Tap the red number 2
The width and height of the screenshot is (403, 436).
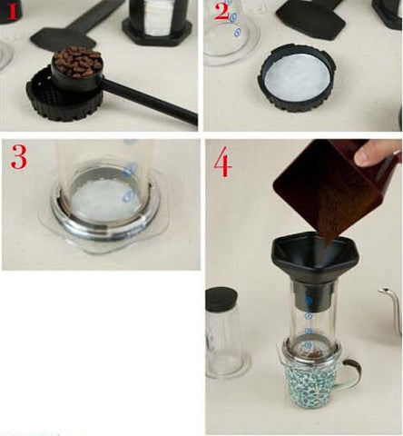(x=221, y=12)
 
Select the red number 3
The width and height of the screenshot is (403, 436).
(x=19, y=156)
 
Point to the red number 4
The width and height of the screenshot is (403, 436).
(x=223, y=161)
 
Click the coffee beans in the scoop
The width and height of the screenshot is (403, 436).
(x=78, y=62)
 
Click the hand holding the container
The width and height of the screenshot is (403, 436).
(x=378, y=153)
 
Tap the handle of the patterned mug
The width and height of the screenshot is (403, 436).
(x=350, y=374)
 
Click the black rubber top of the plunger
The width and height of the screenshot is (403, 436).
(x=221, y=299)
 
